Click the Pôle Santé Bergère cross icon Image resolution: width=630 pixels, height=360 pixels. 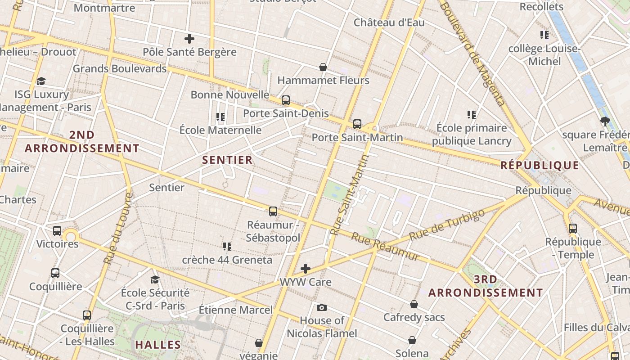pos(189,39)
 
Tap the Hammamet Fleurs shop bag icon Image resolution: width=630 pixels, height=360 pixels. pos(323,67)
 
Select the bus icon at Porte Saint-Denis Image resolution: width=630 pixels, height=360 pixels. pos(286,100)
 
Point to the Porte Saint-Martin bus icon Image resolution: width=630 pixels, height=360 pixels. pos(357,124)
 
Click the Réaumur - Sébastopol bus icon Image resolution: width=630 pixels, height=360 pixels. pos(273,211)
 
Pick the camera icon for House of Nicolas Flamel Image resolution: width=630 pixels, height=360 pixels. pos(322,308)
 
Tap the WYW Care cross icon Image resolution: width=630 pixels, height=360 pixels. pos(306,269)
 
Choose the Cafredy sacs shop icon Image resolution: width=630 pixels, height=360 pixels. pos(414,305)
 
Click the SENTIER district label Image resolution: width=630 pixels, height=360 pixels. pos(227,160)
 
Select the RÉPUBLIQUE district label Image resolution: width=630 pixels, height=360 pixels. pos(540,165)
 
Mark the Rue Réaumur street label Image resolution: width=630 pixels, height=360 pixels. pos(385,247)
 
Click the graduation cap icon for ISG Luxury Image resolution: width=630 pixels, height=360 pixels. pos(41,81)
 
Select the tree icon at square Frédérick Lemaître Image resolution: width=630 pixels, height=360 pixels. pos(605,121)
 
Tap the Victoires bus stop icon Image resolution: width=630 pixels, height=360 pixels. pos(57,231)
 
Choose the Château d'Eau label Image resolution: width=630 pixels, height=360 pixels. pos(389,22)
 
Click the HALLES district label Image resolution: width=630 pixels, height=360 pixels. pos(158,345)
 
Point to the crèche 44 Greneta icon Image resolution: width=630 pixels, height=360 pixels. pos(227,247)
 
